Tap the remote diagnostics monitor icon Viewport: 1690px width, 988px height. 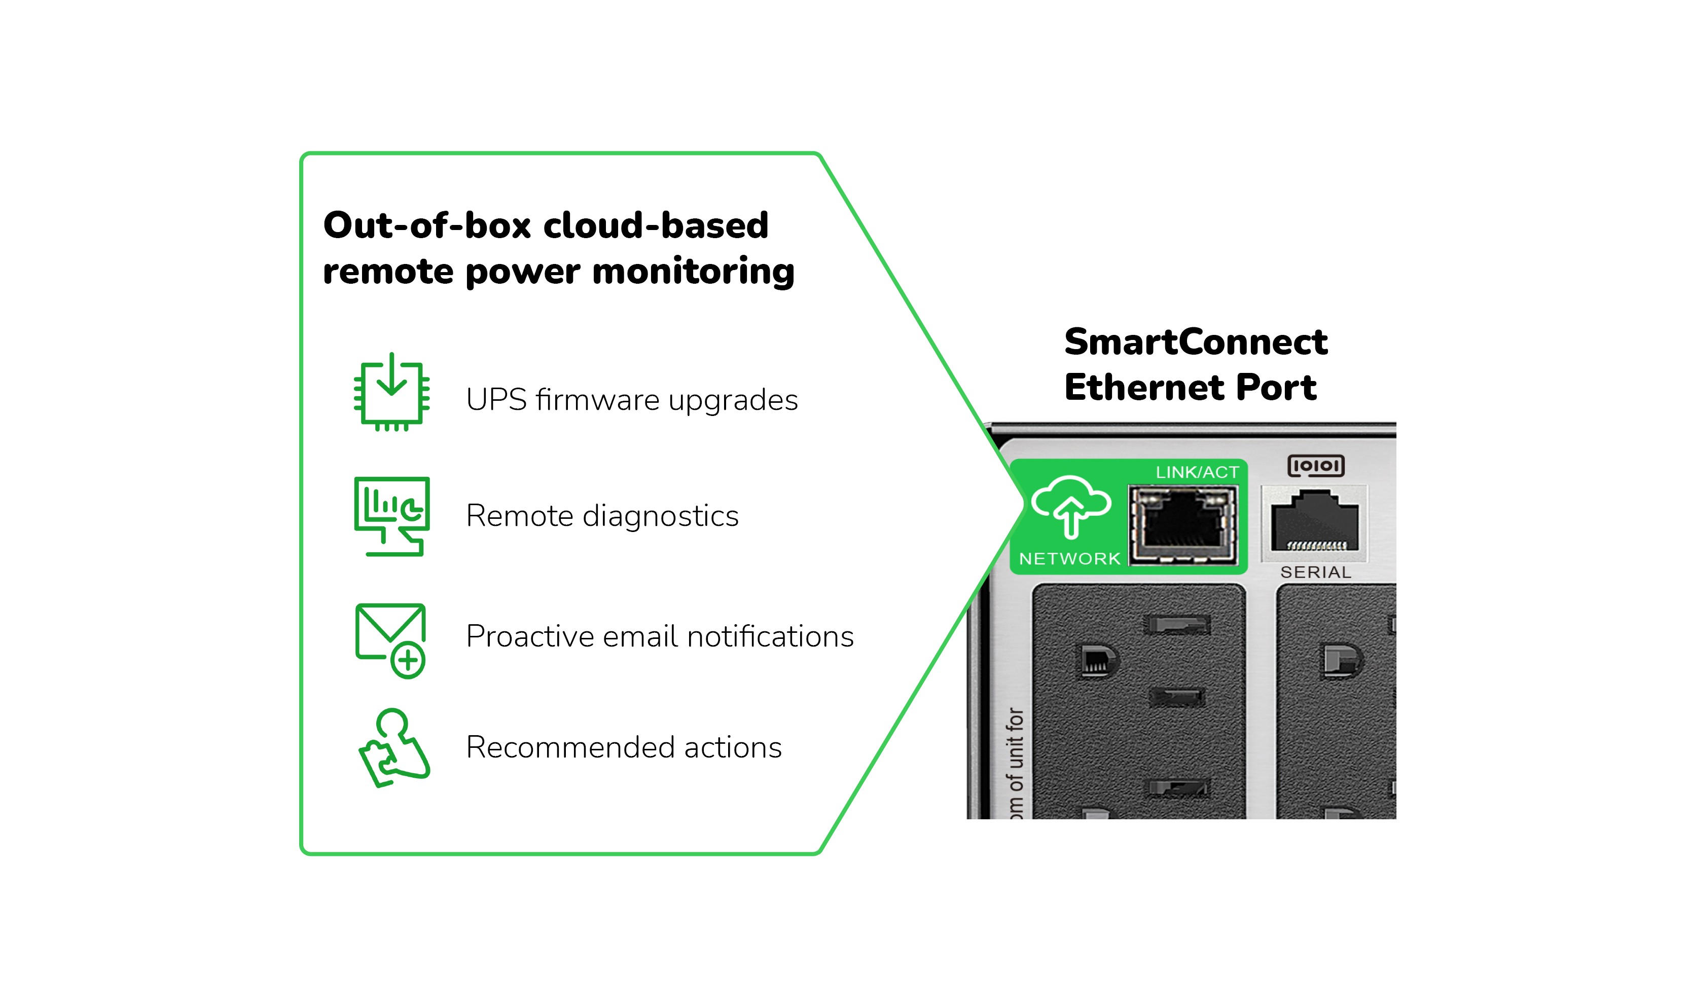point(391,515)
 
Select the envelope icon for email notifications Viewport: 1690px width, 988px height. point(390,640)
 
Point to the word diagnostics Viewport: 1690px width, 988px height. point(661,516)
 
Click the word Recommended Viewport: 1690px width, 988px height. point(570,747)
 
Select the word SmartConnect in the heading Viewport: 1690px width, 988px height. point(1196,342)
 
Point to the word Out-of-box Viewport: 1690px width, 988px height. point(427,225)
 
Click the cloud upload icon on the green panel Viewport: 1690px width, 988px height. point(1070,507)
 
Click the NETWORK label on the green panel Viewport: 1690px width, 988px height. point(1070,558)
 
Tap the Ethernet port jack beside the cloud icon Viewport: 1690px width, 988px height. point(1183,525)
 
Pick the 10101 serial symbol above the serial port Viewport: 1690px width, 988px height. point(1316,465)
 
